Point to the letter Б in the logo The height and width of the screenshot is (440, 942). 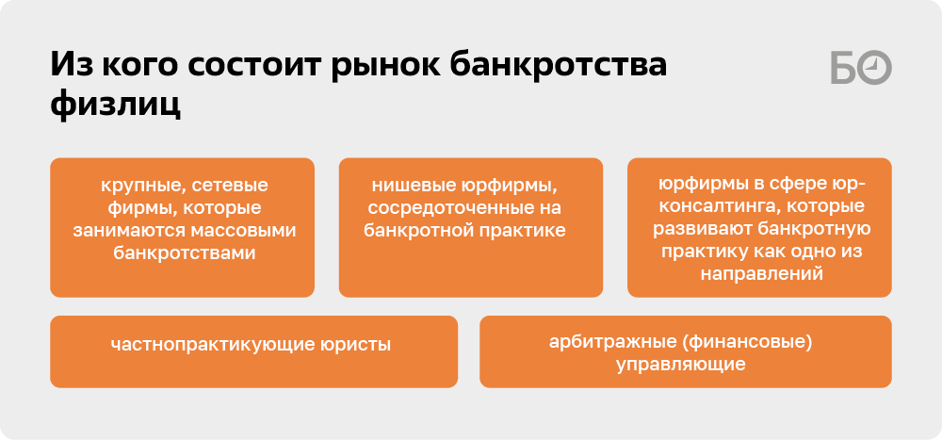point(843,67)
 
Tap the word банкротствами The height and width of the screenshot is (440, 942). point(185,253)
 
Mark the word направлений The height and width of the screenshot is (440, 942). point(761,274)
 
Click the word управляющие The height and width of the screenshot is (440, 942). point(681,365)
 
